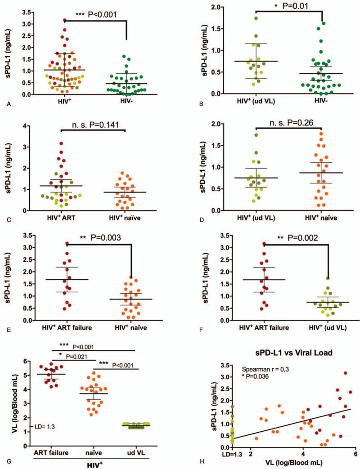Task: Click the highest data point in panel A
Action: tap(64, 20)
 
